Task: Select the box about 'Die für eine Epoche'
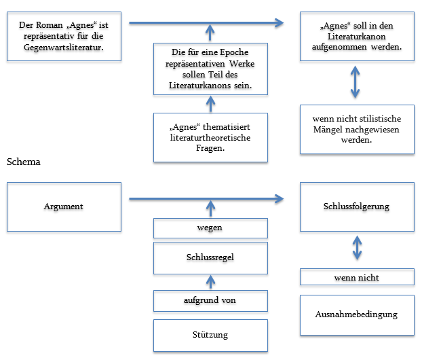pos(210,69)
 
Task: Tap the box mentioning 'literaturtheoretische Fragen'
pos(210,138)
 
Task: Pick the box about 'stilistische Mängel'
pos(357,128)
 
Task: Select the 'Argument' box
pos(64,206)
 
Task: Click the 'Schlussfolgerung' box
pos(357,206)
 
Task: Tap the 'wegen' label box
pos(210,228)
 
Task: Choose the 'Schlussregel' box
pos(210,258)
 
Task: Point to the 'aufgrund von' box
pos(210,300)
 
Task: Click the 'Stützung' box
pos(210,334)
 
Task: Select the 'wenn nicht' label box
pos(357,277)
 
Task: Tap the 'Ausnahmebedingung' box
pos(357,314)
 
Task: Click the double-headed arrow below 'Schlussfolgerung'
pos(357,247)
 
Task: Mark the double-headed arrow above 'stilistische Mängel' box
pos(357,83)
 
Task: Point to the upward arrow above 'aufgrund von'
pos(210,281)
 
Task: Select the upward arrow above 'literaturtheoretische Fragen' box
pos(210,104)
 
